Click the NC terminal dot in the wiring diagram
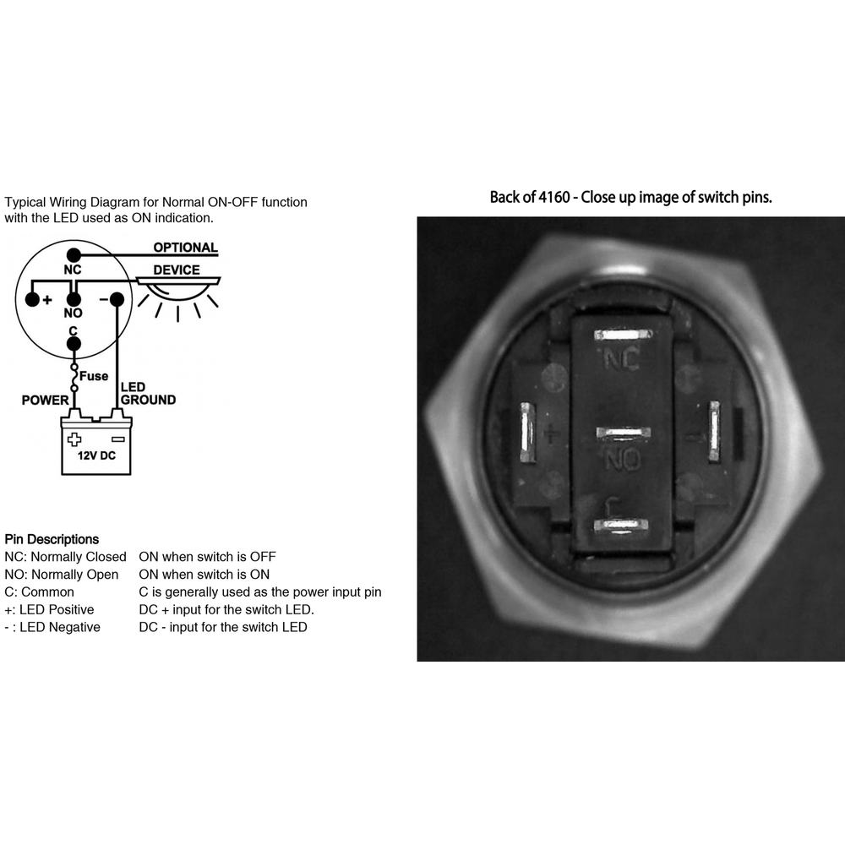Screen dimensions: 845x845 pyautogui.click(x=74, y=255)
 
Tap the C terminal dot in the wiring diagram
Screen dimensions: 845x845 pyautogui.click(x=74, y=344)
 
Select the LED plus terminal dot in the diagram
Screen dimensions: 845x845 pyautogui.click(x=33, y=299)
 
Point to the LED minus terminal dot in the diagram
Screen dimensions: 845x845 pyautogui.click(x=117, y=299)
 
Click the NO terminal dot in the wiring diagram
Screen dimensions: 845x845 pyautogui.click(x=74, y=299)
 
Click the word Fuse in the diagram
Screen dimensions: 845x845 pyautogui.click(x=94, y=376)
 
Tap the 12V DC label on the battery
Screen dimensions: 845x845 pyautogui.click(x=96, y=456)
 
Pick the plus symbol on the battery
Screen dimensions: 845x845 pyautogui.click(x=74, y=439)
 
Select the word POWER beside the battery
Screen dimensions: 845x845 pyautogui.click(x=46, y=400)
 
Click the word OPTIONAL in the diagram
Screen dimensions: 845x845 pyautogui.click(x=185, y=248)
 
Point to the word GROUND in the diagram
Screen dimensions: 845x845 pyautogui.click(x=148, y=400)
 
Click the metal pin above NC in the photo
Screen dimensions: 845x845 pyautogui.click(x=623, y=335)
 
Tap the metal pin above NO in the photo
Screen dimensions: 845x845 pyautogui.click(x=623, y=433)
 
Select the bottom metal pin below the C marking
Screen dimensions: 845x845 pyautogui.click(x=621, y=526)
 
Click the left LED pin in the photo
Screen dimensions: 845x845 pyautogui.click(x=527, y=433)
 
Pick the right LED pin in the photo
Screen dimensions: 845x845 pyautogui.click(x=714, y=431)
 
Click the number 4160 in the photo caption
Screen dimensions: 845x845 pyautogui.click(x=554, y=197)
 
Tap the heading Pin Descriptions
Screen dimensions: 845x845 pyautogui.click(x=52, y=539)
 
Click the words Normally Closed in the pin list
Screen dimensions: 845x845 pyautogui.click(x=79, y=557)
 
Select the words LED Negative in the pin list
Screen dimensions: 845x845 pyautogui.click(x=60, y=627)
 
